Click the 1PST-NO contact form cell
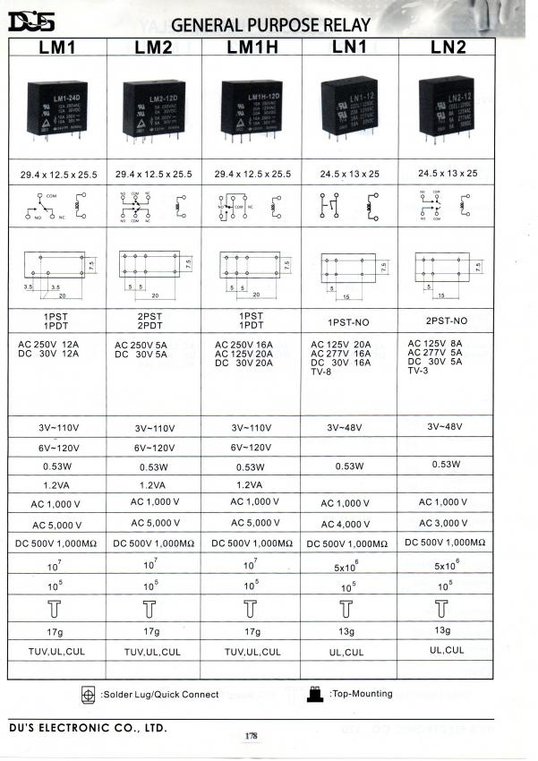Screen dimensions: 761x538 tap(347, 320)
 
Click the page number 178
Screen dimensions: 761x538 tap(252, 736)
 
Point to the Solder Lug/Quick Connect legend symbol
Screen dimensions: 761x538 tap(88, 695)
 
